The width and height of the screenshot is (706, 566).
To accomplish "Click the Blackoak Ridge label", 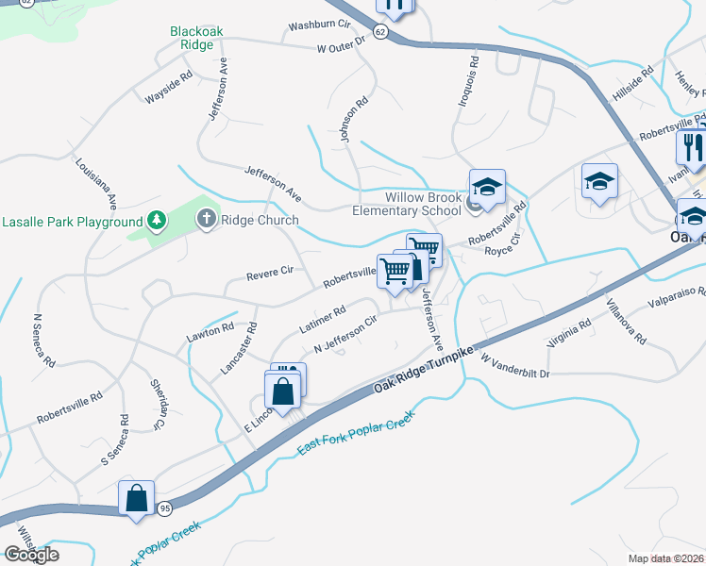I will tap(196, 38).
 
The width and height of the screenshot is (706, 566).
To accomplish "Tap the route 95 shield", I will tap(163, 508).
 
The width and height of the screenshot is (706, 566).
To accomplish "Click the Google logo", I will tap(31, 554).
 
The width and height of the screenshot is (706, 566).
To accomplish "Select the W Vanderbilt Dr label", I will tap(514, 367).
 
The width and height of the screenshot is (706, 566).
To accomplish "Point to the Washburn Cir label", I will tap(319, 24).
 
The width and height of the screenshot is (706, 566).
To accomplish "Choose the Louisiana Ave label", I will tap(96, 182).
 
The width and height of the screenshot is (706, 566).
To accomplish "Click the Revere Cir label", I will tap(270, 274).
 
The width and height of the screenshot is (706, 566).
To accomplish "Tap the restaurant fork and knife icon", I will tap(691, 149).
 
